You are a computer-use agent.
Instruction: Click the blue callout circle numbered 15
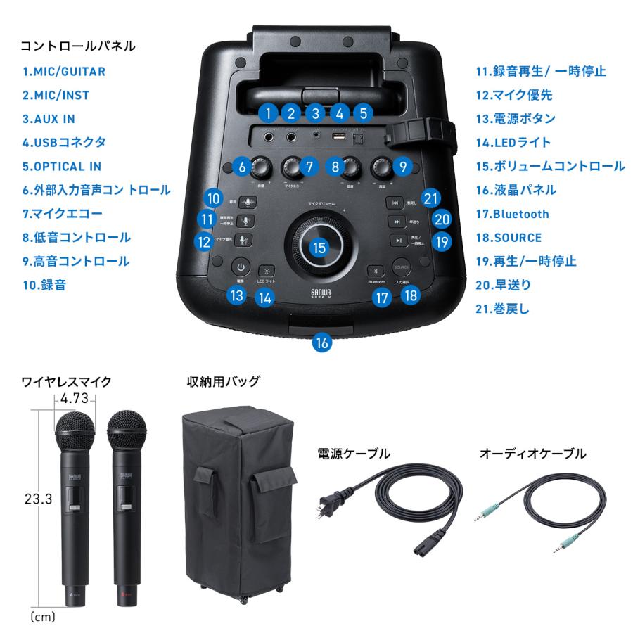click(320, 248)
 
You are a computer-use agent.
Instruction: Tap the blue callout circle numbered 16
click(321, 343)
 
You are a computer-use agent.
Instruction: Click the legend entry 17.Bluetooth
click(511, 214)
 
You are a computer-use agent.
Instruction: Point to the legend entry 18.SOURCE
click(508, 238)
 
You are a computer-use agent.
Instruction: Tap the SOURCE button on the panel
click(402, 267)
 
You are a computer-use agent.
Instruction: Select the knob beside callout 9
click(384, 167)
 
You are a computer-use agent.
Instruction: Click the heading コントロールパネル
click(77, 46)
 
